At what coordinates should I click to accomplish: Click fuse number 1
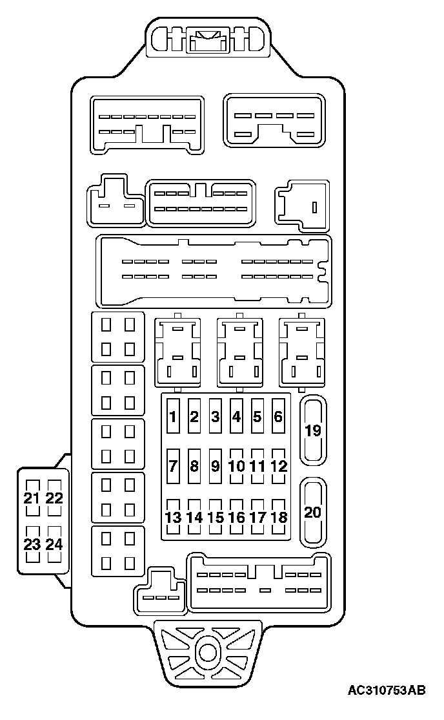click(173, 416)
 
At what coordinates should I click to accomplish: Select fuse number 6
click(278, 416)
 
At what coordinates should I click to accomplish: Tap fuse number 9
click(215, 465)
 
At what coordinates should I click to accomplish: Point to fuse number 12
click(278, 465)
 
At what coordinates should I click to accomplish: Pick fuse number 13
click(173, 516)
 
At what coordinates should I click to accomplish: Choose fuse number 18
click(278, 516)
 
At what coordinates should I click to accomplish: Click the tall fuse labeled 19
click(313, 430)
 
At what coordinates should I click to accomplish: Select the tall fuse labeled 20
click(313, 512)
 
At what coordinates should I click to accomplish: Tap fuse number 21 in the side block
click(32, 498)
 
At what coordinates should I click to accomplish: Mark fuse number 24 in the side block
click(55, 544)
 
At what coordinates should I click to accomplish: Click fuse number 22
click(55, 498)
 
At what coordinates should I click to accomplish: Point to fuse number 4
click(236, 416)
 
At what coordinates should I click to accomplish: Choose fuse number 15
click(215, 516)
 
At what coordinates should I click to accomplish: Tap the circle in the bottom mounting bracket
click(208, 651)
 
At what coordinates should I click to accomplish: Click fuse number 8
click(194, 465)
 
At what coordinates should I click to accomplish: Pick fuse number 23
click(32, 544)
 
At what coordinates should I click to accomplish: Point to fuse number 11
click(257, 465)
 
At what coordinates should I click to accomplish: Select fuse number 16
click(236, 516)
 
